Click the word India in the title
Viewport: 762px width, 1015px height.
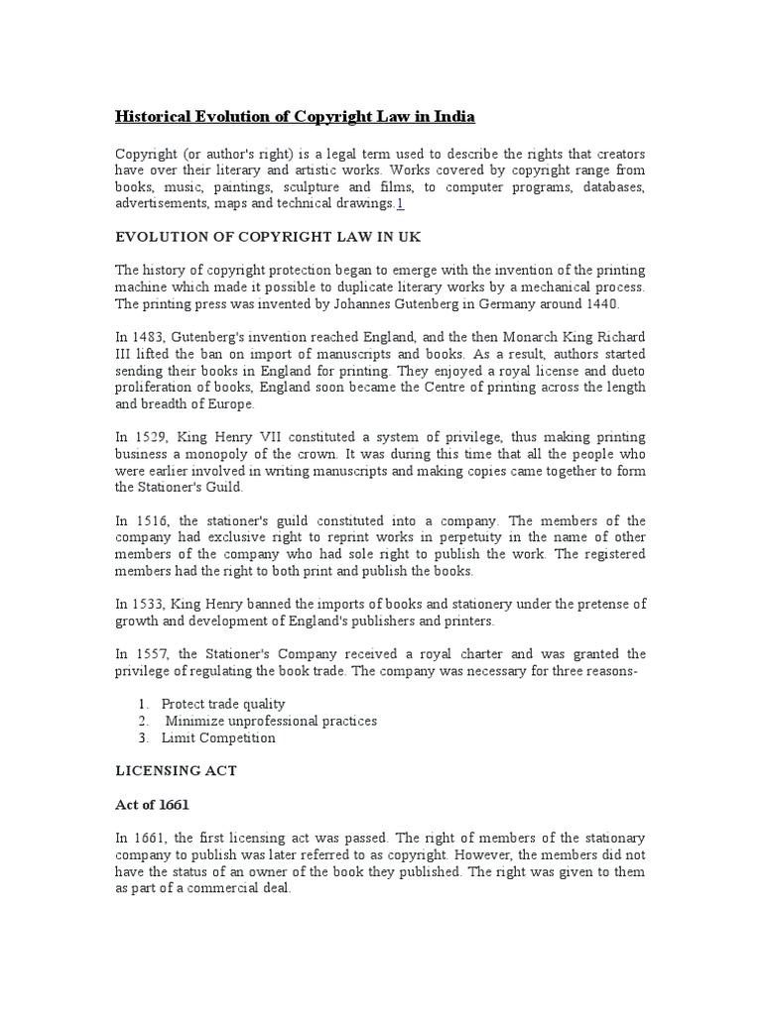(x=452, y=117)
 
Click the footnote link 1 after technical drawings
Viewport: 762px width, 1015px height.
(x=400, y=203)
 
